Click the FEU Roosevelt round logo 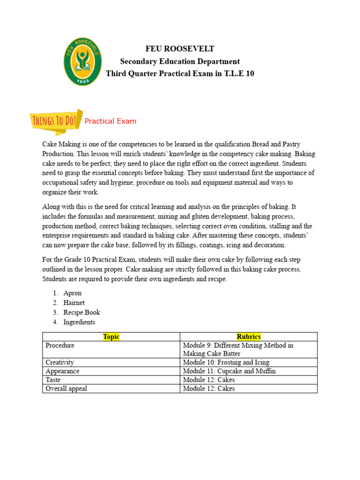coord(82,61)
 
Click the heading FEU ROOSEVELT coord(180,49)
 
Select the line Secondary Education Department coord(180,61)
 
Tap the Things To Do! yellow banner coord(55,121)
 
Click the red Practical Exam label coord(110,121)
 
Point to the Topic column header coord(111,337)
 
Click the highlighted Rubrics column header coord(248,337)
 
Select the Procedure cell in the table coord(60,345)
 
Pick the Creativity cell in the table coord(60,362)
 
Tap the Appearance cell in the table coord(62,371)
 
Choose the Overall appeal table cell coord(66,389)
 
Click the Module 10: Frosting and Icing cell coord(226,362)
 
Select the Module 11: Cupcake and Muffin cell coord(229,371)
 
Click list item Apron coord(72,293)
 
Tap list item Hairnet coord(74,303)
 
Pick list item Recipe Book coord(82,312)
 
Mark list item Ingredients coord(79,322)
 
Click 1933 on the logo coord(82,81)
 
